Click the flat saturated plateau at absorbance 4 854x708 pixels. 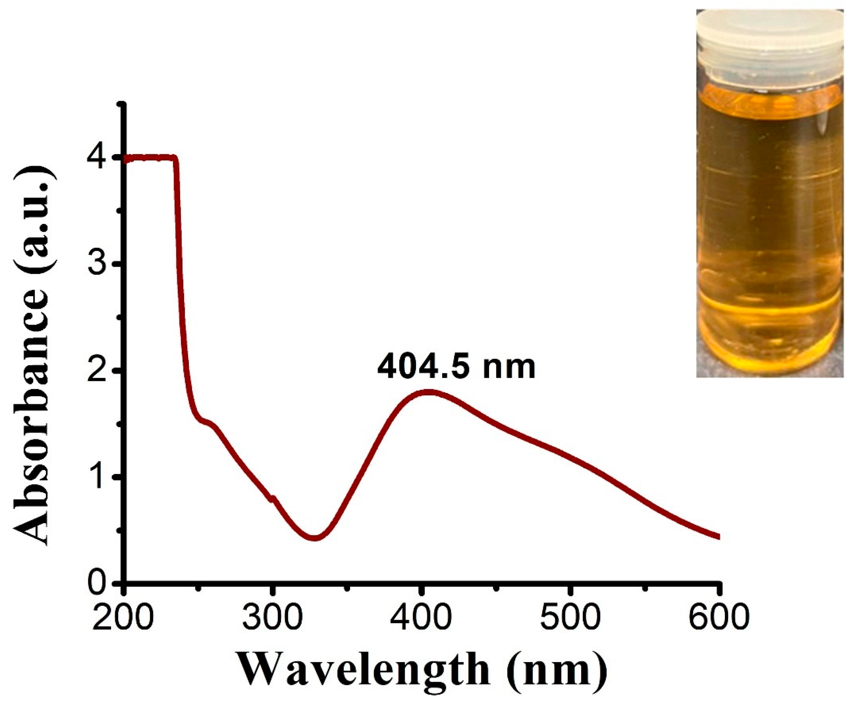tap(150, 158)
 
